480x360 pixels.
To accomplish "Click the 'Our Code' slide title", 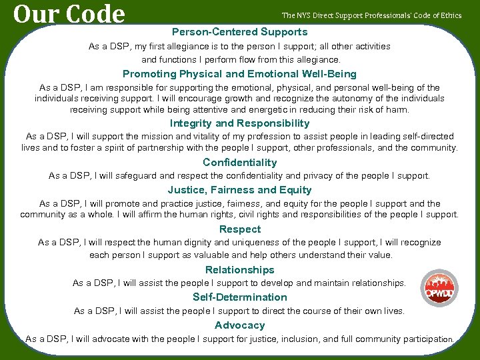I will click(69, 14).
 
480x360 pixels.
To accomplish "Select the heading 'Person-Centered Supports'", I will click(240, 32).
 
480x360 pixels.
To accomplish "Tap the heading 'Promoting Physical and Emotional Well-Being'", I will click(240, 74).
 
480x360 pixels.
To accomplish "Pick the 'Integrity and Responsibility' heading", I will click(240, 123).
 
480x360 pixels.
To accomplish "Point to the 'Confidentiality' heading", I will click(240, 163).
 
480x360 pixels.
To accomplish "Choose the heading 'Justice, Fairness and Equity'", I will click(240, 190).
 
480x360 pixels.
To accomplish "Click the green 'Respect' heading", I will click(240, 229).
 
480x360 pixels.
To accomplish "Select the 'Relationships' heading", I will click(240, 270).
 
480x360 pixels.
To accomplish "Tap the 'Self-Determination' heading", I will click(240, 297).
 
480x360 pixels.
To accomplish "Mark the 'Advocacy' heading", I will click(240, 325).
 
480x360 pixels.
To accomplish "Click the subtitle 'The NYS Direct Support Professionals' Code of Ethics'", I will click(371, 15).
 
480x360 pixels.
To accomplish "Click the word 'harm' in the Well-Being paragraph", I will click(398, 109).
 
